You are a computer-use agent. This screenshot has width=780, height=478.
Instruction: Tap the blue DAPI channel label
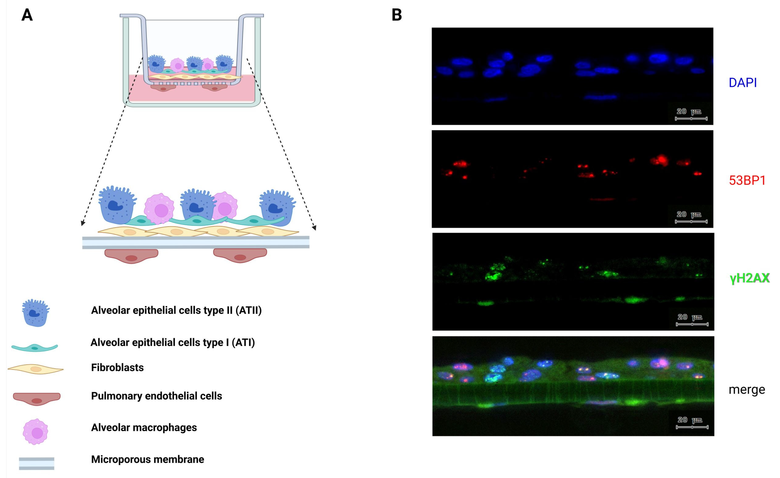pos(743,83)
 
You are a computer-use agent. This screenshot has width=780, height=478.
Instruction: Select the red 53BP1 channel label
pos(747,180)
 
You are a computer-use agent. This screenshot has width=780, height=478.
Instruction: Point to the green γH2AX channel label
pos(749,278)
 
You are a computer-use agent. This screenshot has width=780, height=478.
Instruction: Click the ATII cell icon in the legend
pos(35,313)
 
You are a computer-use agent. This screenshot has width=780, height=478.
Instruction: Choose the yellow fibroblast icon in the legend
pos(35,369)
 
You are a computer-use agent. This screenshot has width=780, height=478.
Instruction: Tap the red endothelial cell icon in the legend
pos(37,398)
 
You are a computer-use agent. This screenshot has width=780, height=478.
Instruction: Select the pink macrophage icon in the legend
pos(35,432)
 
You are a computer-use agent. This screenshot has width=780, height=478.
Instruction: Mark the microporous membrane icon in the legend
pos(36,463)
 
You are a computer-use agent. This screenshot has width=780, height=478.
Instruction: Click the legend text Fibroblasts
pos(117,367)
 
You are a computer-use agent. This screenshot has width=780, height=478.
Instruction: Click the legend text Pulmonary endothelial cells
pos(156,396)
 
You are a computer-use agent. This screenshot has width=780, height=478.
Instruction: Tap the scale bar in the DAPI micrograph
pos(691,119)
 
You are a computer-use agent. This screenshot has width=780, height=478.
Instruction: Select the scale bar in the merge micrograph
pos(692,427)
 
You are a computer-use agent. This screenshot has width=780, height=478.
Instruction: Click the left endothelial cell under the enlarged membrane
pos(131,256)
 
